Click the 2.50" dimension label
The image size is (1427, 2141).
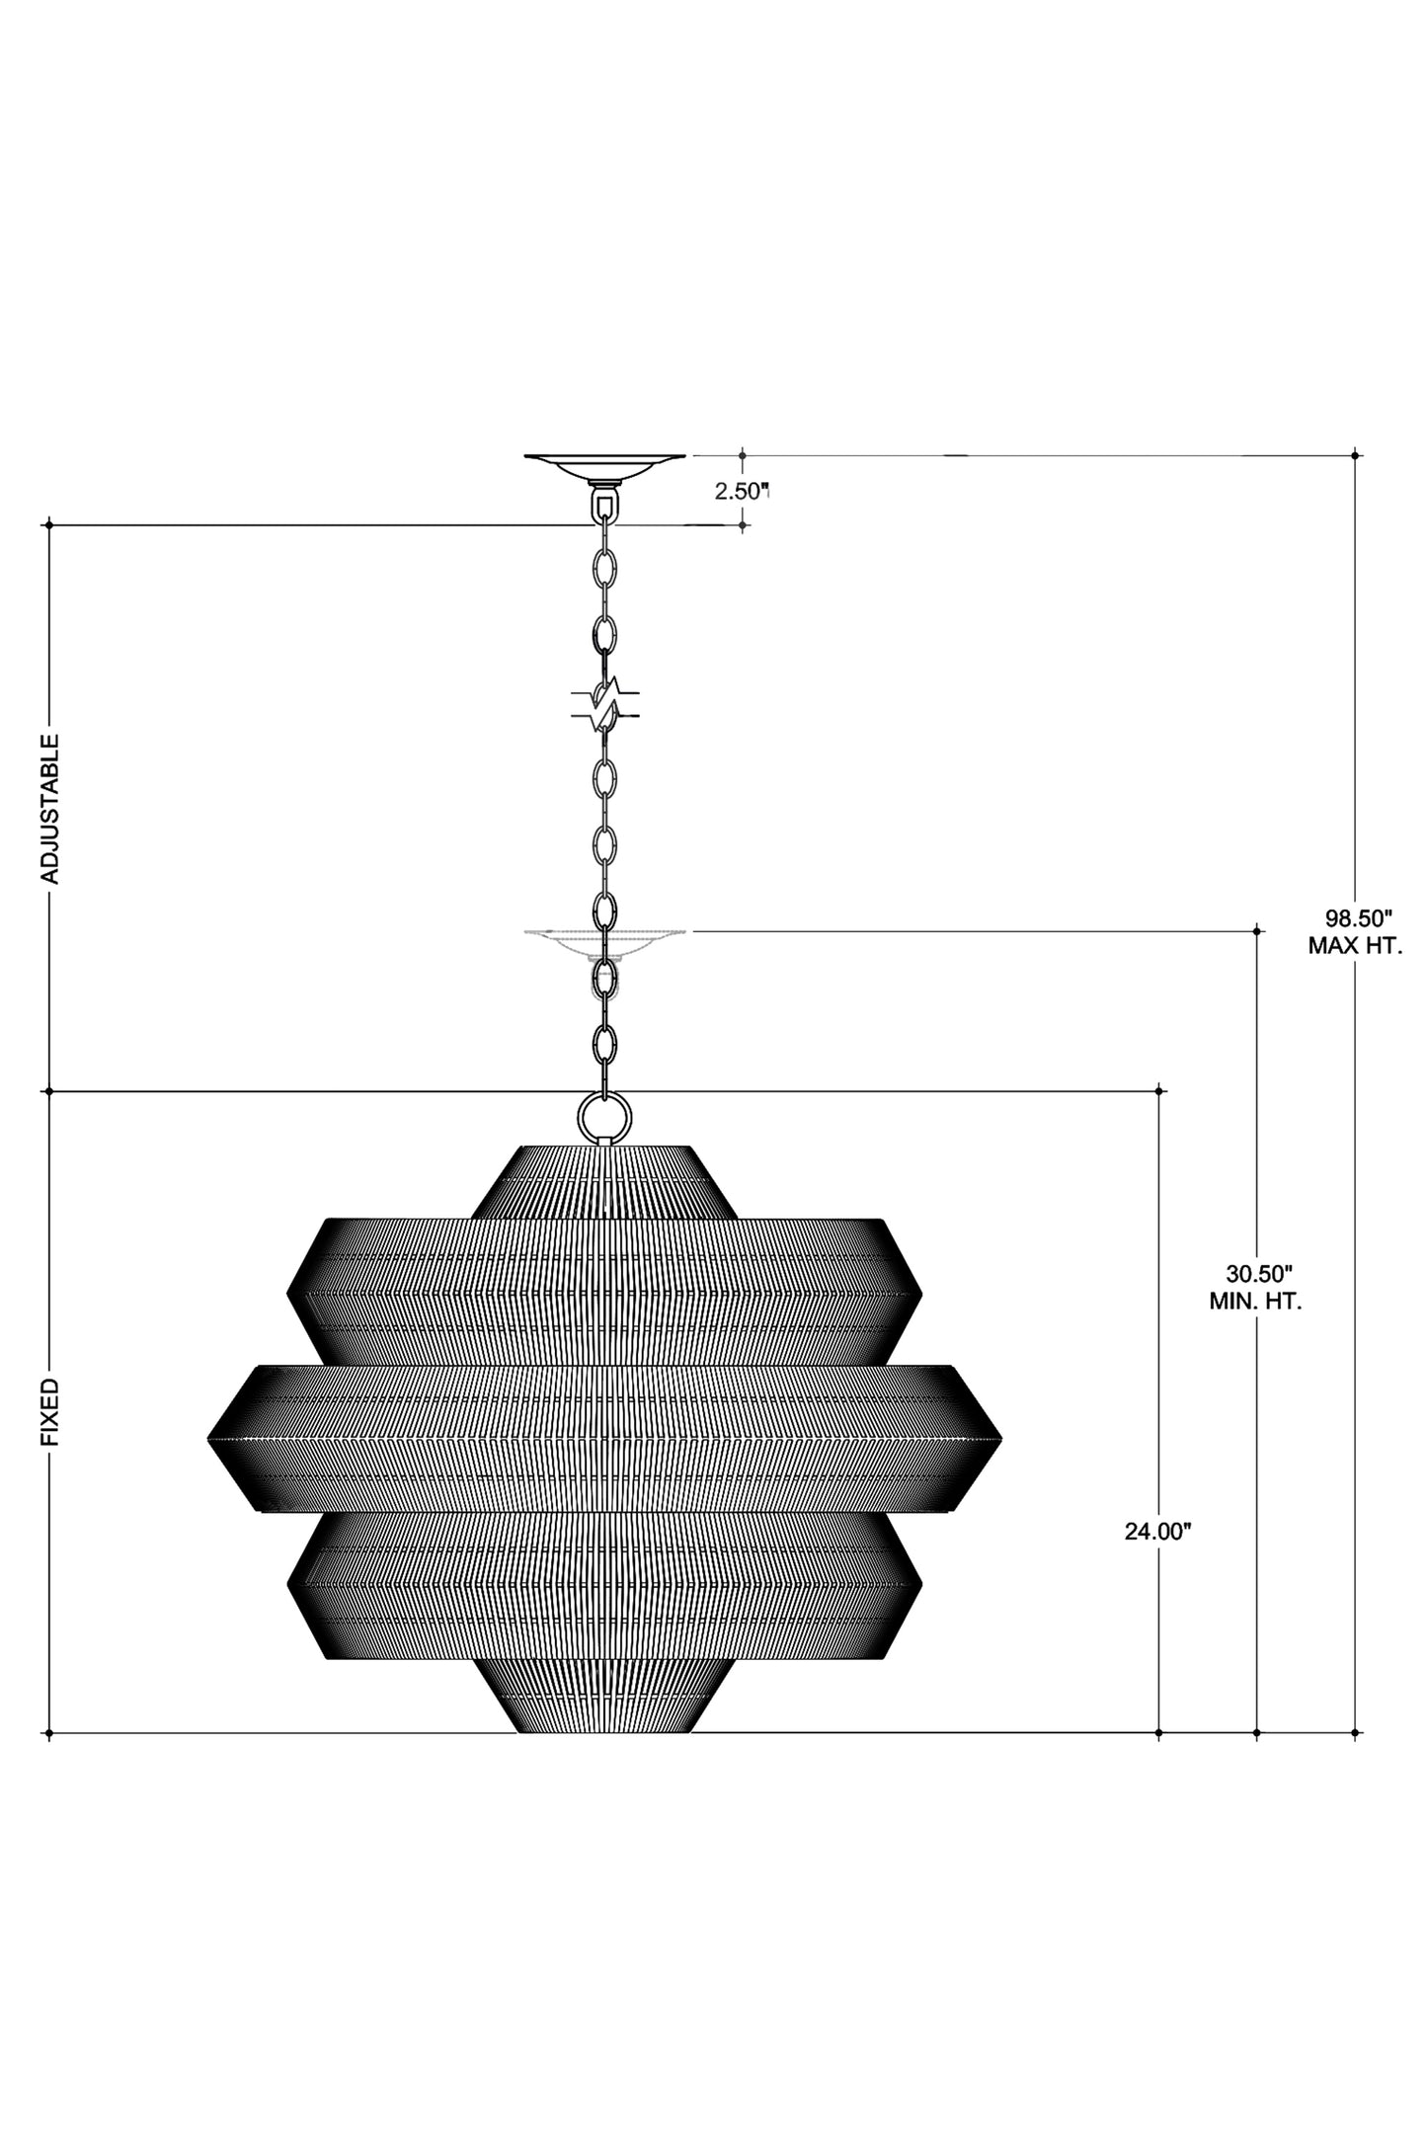click(741, 491)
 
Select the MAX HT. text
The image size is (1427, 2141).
click(1355, 945)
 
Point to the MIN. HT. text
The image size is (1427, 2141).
click(1255, 1301)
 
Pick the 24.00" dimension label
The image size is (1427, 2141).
click(1158, 1559)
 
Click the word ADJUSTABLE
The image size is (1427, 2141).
click(49, 808)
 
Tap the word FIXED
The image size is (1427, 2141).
click(49, 1413)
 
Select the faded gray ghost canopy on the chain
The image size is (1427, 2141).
click(604, 938)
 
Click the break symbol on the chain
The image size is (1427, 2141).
click(604, 702)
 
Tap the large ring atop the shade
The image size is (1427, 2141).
click(603, 1117)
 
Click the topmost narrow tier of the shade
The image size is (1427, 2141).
click(604, 1181)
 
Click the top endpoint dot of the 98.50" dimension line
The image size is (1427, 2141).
click(1355, 455)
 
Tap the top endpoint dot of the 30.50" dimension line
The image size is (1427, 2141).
click(1256, 930)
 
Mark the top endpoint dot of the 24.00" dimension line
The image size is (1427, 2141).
click(1158, 1091)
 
